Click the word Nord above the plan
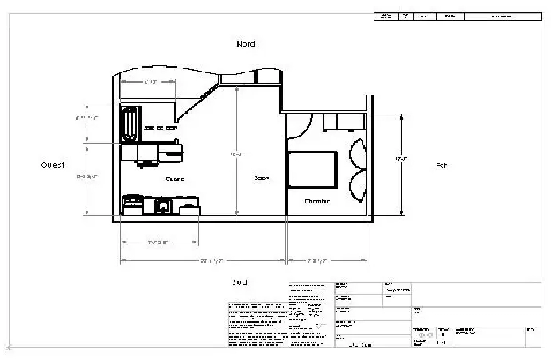pos(246,44)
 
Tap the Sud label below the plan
pos(240,282)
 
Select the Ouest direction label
pos(52,165)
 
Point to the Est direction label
pos(441,165)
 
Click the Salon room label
pos(261,178)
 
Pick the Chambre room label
pos(317,202)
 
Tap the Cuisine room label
pos(175,179)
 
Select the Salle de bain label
pos(160,127)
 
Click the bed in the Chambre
pos(311,168)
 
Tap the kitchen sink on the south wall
pos(162,207)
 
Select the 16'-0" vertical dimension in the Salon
pos(236,153)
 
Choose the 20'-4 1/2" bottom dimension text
pos(210,260)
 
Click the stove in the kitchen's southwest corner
pos(131,205)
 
